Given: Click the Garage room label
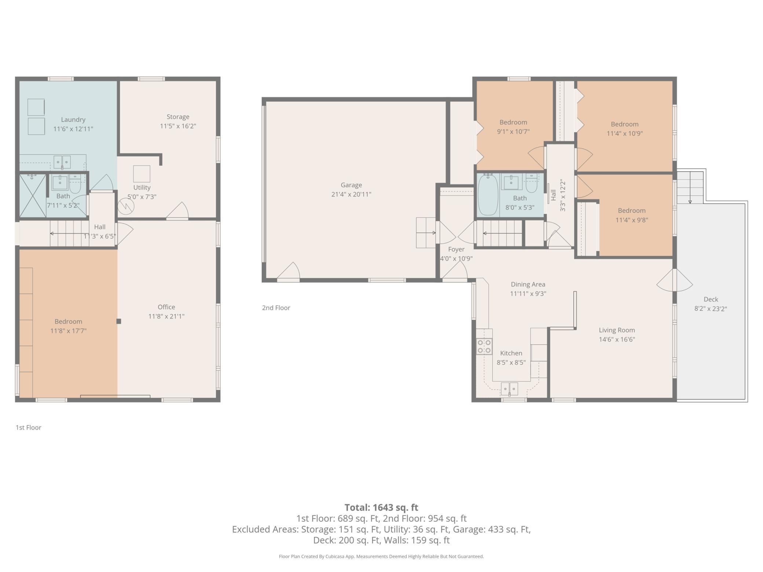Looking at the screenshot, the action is pos(351,185).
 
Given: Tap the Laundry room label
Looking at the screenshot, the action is pos(73,120).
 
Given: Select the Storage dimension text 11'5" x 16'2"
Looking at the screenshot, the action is pos(178,126).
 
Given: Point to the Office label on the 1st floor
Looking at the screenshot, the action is pos(166,307).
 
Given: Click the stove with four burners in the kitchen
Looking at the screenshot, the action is pos(484,346).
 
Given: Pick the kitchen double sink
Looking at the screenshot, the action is pos(510,389).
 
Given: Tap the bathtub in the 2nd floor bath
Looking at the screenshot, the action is pos(488,195).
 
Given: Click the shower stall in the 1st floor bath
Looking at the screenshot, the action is pos(33,196).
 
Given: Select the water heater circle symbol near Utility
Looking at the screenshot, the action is pos(126,206).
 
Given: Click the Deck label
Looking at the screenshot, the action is pos(711,299).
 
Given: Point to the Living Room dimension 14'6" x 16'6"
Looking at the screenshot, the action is pos(617,340).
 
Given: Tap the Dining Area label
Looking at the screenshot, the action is pos(528,284).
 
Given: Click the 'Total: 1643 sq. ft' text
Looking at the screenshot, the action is pos(381,507).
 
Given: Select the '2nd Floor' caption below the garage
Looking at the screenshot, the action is pos(276,308).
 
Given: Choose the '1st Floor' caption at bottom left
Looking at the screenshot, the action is pos(28,428).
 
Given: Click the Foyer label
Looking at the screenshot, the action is pos(456,249).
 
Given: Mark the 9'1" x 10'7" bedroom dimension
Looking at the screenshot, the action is pos(513,132).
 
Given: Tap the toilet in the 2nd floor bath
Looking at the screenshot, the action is pos(531,183).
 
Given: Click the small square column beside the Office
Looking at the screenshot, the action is pos(118,321).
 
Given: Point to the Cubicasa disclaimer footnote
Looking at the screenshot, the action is pos(381,557).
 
